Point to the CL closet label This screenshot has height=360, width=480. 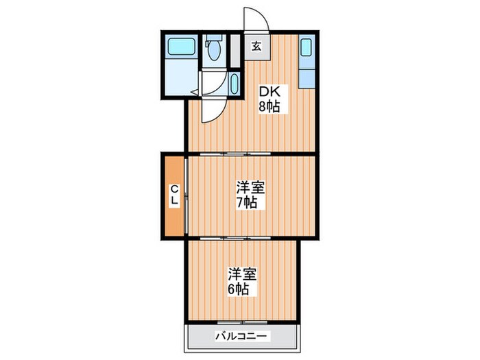175,195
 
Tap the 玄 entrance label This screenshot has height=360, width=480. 256,47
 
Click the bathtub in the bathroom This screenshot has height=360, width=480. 183,50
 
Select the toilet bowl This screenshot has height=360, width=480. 214,49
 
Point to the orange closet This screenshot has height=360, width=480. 174,196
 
